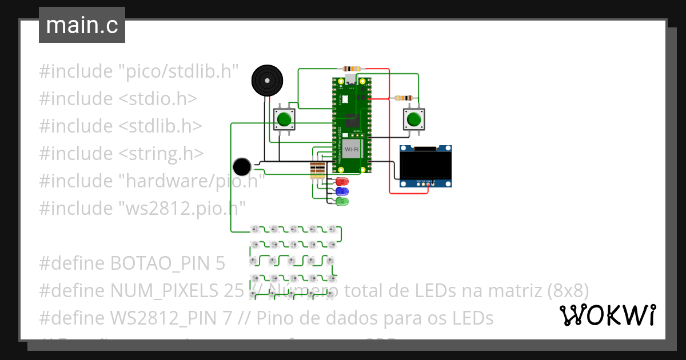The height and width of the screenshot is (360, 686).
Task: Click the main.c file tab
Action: pos(82,26)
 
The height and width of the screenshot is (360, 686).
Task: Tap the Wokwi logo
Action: pos(607,315)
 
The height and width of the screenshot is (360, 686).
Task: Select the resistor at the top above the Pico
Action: pos(351,69)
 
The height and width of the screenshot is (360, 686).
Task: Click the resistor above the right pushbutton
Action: pos(405,98)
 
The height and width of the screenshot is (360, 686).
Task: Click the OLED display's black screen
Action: pos(425,164)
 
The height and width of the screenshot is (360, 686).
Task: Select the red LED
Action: pos(342,182)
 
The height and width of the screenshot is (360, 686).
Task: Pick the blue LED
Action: pos(342,191)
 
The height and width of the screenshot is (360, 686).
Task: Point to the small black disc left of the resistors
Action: pos(242,166)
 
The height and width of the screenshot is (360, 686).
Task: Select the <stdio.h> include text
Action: pos(158,99)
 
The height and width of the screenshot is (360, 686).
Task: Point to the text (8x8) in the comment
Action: pos(568,290)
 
